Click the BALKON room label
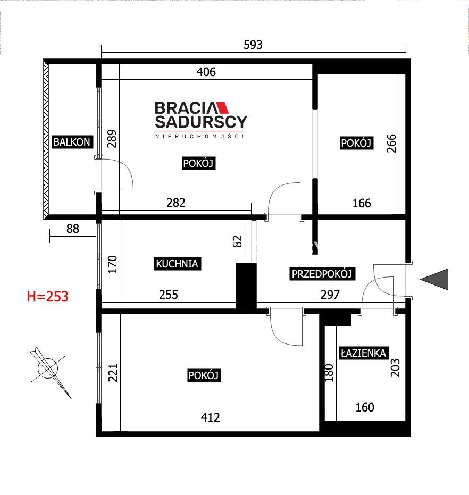(72, 142)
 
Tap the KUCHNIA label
(177, 264)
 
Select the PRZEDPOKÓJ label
(322, 273)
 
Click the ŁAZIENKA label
(364, 353)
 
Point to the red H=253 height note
(48, 297)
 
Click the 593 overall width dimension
(253, 45)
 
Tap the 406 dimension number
(206, 72)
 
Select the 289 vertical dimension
(112, 139)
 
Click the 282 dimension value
(176, 203)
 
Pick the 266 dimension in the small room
(391, 144)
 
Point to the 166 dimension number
(362, 203)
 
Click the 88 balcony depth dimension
(73, 229)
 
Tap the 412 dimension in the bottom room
(211, 417)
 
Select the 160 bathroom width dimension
(365, 407)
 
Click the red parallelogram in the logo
(222, 107)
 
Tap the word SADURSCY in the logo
(201, 122)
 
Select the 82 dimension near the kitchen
(237, 241)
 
